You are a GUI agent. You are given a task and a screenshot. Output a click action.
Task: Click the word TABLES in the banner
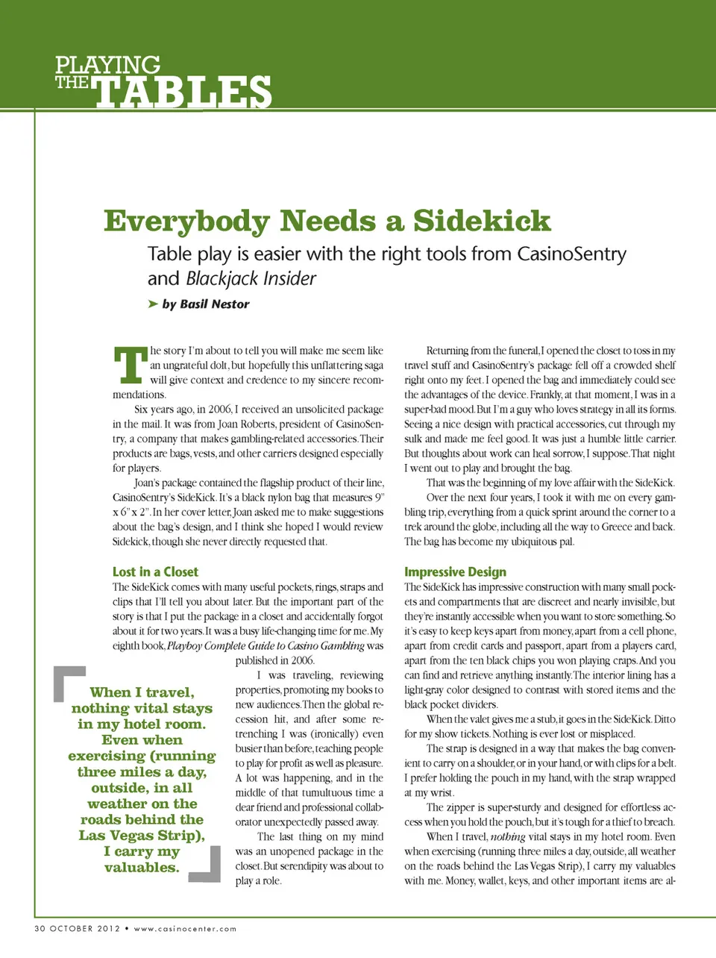pyautogui.click(x=183, y=93)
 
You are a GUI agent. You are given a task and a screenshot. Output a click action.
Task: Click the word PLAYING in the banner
pyautogui.click(x=107, y=65)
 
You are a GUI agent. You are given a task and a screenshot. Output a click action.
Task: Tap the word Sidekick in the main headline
pyautogui.click(x=482, y=222)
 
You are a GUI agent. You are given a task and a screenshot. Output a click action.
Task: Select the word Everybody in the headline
pyautogui.click(x=186, y=222)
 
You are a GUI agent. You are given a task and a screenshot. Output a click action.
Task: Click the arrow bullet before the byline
pyautogui.click(x=153, y=304)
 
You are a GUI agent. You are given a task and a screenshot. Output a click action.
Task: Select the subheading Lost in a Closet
pyautogui.click(x=155, y=572)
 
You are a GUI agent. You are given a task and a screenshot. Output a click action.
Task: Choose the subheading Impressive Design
pyautogui.click(x=455, y=572)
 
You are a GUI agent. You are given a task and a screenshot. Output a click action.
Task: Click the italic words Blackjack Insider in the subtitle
pyautogui.click(x=251, y=279)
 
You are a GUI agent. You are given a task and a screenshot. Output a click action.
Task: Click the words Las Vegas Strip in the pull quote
pyautogui.click(x=141, y=836)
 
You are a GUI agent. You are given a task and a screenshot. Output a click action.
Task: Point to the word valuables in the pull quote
pyautogui.click(x=142, y=868)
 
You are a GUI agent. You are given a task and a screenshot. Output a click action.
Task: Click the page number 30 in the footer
pyautogui.click(x=40, y=929)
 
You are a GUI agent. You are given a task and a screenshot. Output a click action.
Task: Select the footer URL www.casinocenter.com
pyautogui.click(x=185, y=929)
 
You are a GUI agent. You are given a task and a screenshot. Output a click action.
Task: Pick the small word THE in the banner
pyautogui.click(x=72, y=83)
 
